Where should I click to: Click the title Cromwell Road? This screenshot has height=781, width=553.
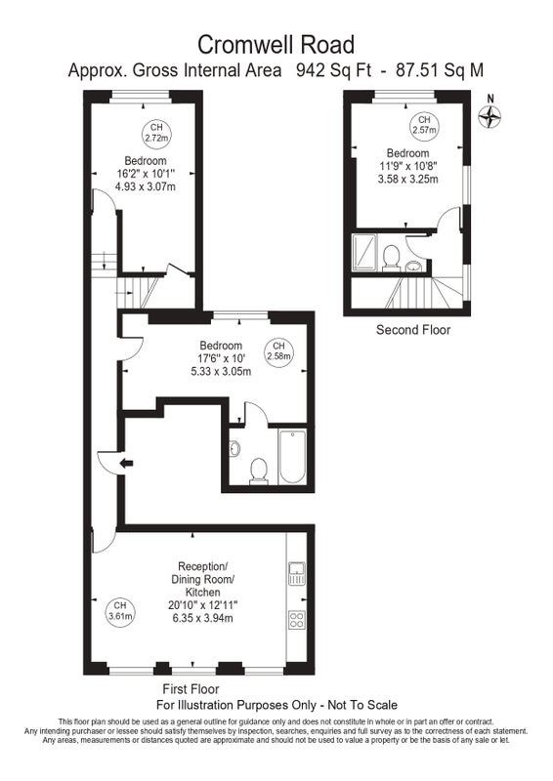click(x=276, y=45)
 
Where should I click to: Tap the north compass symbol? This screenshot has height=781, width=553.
click(x=489, y=117)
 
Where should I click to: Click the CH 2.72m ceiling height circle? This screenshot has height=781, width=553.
click(x=156, y=134)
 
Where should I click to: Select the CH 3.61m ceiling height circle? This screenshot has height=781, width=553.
click(x=119, y=611)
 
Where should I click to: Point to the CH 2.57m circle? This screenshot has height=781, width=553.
click(x=424, y=125)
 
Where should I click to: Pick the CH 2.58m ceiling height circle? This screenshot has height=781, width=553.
click(x=278, y=351)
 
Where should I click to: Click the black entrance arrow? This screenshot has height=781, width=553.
click(x=127, y=464)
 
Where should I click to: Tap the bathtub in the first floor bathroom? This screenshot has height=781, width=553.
click(x=292, y=457)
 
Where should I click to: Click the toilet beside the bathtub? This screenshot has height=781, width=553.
click(x=259, y=472)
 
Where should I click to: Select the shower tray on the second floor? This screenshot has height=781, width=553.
click(x=365, y=252)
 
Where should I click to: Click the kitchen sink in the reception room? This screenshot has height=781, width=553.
click(x=297, y=573)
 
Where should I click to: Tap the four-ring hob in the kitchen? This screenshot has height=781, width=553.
click(x=297, y=620)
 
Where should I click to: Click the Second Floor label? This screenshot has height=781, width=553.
click(x=413, y=330)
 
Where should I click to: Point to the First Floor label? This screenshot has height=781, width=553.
click(x=191, y=689)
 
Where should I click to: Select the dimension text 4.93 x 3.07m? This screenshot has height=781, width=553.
click(x=146, y=186)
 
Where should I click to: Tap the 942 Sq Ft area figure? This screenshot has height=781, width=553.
click(x=333, y=70)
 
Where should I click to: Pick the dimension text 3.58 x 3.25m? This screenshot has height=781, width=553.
click(x=407, y=179)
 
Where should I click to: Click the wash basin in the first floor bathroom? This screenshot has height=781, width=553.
click(x=234, y=448)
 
